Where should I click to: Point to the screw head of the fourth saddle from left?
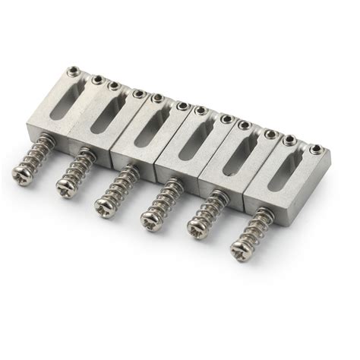click(150, 219)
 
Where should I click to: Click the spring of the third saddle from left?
click(124, 187)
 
